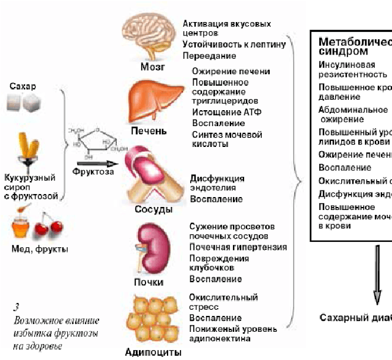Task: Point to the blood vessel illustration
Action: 147,175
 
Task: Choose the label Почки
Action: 149,283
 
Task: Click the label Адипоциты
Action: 149,352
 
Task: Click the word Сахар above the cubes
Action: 23,86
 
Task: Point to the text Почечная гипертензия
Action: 238,247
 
